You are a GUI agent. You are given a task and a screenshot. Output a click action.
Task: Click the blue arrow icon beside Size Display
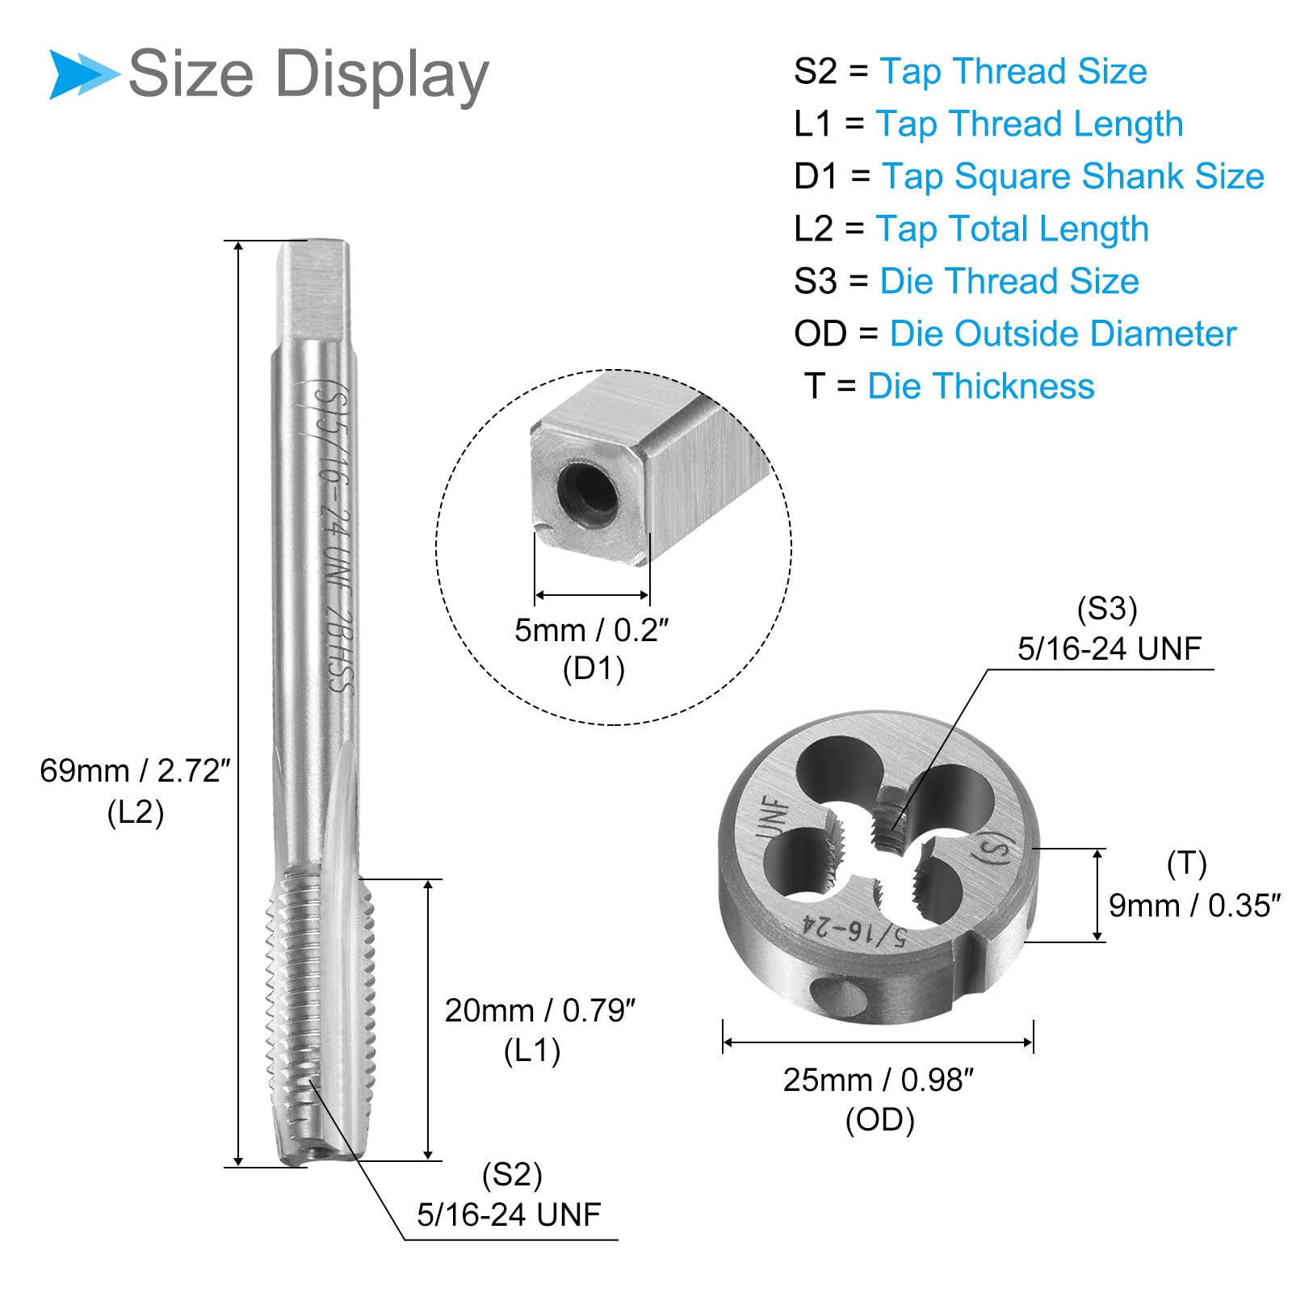[x=83, y=74]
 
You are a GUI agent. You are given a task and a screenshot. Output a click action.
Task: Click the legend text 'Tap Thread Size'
[x=1013, y=71]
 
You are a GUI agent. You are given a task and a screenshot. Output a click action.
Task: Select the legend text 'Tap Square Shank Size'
[x=1073, y=176]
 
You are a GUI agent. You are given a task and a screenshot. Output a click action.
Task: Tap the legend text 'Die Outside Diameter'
[x=1063, y=333]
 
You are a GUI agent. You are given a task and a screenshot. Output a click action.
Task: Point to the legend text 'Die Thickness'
[x=981, y=386]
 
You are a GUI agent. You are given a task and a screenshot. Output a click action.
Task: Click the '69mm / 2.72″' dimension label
[x=136, y=771]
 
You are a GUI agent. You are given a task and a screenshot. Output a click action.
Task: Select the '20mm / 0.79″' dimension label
[x=540, y=1010]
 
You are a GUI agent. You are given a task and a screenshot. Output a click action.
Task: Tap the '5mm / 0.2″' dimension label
[x=593, y=630]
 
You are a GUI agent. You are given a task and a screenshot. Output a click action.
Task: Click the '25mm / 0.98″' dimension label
[x=879, y=1080]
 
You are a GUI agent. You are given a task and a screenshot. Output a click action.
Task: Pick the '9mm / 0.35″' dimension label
[x=1194, y=905]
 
